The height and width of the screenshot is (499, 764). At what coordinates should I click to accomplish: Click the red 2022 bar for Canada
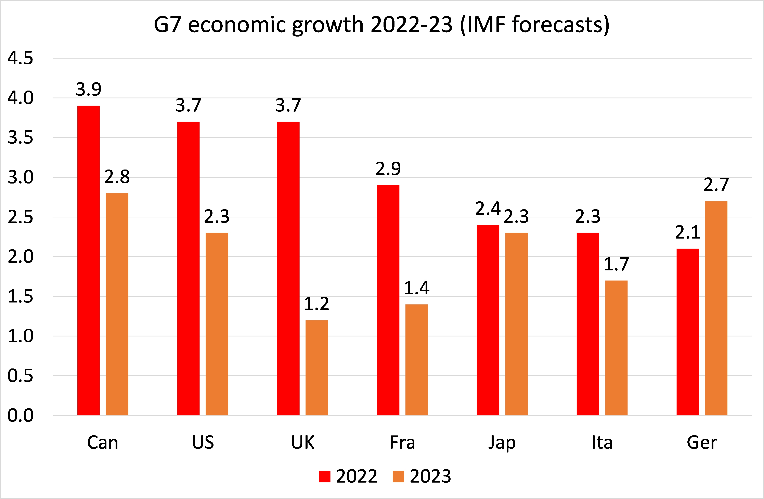[x=88, y=260]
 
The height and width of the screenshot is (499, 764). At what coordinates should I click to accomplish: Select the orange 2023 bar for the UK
[x=316, y=367]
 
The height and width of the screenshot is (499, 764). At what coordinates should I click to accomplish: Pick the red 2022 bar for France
[x=388, y=300]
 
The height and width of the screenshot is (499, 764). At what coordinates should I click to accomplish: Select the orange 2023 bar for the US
[x=217, y=324]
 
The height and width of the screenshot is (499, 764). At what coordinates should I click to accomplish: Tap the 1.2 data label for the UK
[x=316, y=304]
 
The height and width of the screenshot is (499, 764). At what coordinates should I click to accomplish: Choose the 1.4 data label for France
[x=416, y=288]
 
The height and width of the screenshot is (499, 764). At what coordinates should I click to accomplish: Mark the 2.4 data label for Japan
[x=488, y=208]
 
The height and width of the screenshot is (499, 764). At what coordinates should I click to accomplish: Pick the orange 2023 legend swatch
[x=398, y=476]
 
